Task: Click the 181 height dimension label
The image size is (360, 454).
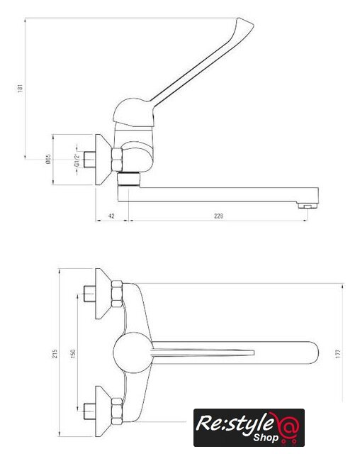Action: coord(20,88)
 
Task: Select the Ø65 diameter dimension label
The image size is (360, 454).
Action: coord(48,159)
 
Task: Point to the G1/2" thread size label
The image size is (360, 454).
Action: coord(77,160)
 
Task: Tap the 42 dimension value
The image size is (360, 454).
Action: coord(111,216)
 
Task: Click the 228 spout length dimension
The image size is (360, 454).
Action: coord(218,216)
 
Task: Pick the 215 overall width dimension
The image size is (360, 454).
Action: coord(55,353)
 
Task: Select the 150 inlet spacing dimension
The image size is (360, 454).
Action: coord(73,353)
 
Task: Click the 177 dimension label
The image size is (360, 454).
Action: coord(338,353)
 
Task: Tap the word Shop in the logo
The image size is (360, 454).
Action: coord(266,437)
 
